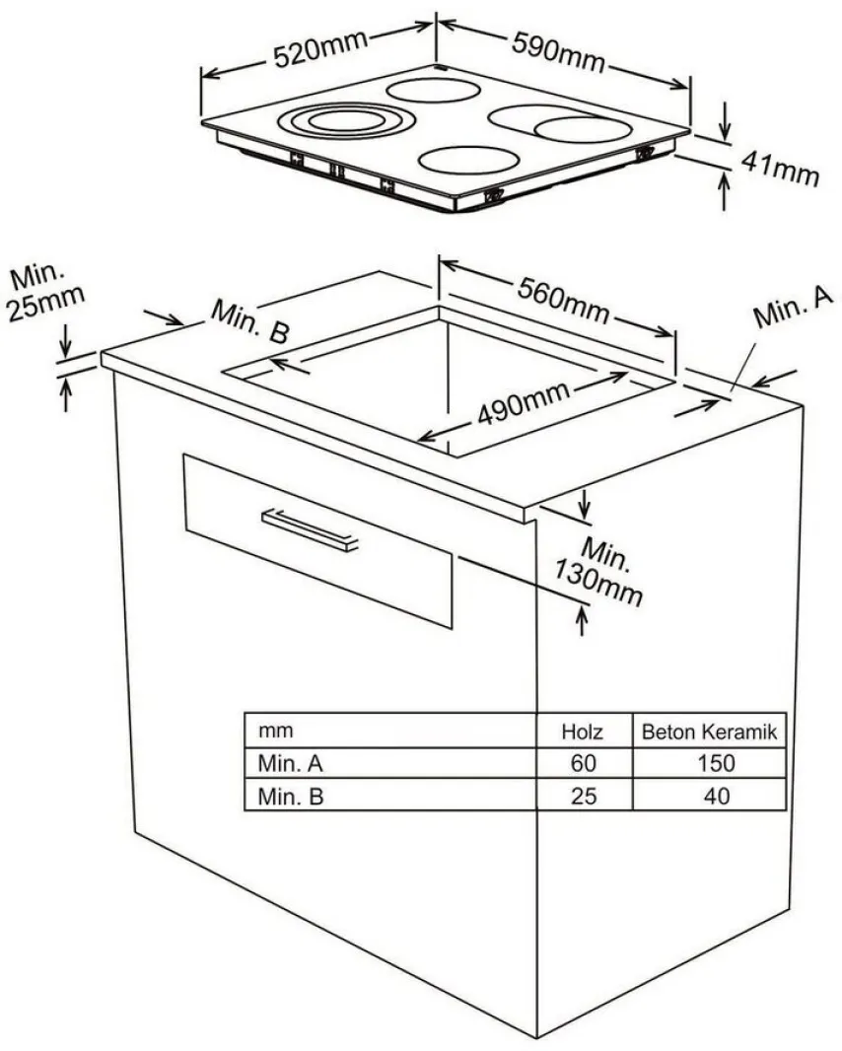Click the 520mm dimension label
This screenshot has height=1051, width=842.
tap(320, 47)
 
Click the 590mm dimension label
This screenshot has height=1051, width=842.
tap(558, 52)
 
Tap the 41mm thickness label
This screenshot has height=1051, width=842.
tap(780, 168)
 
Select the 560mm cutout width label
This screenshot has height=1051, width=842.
tap(564, 301)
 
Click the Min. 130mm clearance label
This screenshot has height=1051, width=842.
tap(597, 571)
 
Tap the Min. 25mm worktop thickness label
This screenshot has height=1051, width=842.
tap(45, 292)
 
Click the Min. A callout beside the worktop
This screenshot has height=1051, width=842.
tap(793, 308)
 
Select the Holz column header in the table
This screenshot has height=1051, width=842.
tap(582, 732)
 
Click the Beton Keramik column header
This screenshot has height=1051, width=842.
tap(709, 732)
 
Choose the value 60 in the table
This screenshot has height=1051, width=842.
tap(583, 763)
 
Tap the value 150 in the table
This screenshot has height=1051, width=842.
tap(716, 763)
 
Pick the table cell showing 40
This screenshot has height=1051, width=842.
tap(716, 797)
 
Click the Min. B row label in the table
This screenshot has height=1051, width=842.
tap(291, 797)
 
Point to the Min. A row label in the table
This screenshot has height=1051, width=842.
tap(291, 763)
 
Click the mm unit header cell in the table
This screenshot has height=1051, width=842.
tap(275, 730)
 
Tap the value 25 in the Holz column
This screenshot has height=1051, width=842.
tap(583, 797)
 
